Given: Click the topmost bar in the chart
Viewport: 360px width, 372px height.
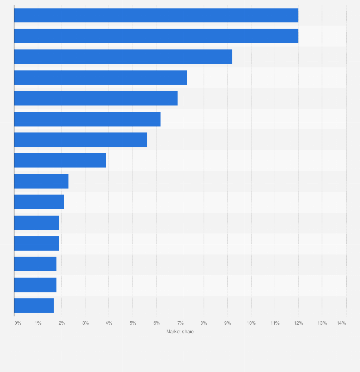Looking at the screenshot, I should pos(156,15).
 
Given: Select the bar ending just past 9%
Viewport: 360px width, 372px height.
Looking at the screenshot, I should pos(123,56).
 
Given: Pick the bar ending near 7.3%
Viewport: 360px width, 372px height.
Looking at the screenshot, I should pos(100,77).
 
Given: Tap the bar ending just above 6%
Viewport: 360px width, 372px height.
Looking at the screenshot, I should pos(87,119).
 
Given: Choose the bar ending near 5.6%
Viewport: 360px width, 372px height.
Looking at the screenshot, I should pos(80,139).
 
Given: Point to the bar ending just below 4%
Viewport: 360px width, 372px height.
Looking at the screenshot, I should pos(60,160).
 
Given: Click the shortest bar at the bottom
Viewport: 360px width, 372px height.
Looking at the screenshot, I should pos(34,306).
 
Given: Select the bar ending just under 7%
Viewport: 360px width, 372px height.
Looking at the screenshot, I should pos(95,98).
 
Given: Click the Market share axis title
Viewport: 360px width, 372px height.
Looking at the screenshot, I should pos(180,332).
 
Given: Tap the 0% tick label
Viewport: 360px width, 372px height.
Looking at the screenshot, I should pos(18,323).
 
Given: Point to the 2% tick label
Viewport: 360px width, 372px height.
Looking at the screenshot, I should pos(62,323).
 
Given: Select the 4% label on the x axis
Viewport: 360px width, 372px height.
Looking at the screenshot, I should pos(109,323).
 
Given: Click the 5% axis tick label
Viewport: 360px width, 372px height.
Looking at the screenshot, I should pos(133,323).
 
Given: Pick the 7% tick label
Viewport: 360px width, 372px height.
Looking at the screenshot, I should pos(180,323).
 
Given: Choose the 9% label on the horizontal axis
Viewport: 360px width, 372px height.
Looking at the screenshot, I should pos(227,323).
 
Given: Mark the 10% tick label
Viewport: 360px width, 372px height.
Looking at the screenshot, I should pos(251,323).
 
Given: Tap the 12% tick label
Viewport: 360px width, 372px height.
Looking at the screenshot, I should pos(298,323).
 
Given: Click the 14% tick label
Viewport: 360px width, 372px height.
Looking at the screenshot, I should pos(341,323).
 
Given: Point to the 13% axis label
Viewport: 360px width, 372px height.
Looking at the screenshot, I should pos(322,323).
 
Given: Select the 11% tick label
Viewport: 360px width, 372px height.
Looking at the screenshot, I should pos(275,323).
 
